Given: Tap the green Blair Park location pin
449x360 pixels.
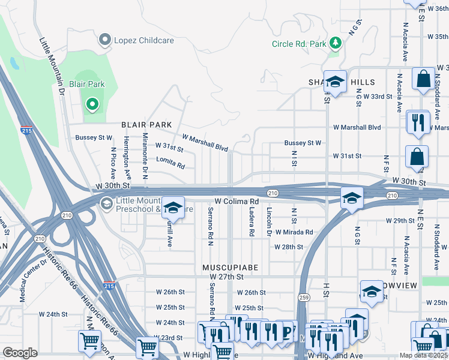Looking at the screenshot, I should (x=92, y=105).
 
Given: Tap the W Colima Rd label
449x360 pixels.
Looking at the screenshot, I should (x=237, y=202).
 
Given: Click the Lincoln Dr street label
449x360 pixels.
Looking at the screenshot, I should (x=270, y=223).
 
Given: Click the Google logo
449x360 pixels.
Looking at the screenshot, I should (x=20, y=353).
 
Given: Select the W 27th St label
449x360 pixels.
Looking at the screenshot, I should (x=227, y=277).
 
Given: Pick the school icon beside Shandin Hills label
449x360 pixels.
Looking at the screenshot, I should (x=335, y=82).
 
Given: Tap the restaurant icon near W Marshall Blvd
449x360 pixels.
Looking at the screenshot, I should (x=417, y=122).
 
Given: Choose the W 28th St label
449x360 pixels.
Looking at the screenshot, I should (x=289, y=247).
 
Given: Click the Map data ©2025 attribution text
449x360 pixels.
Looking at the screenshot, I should (x=423, y=355).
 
